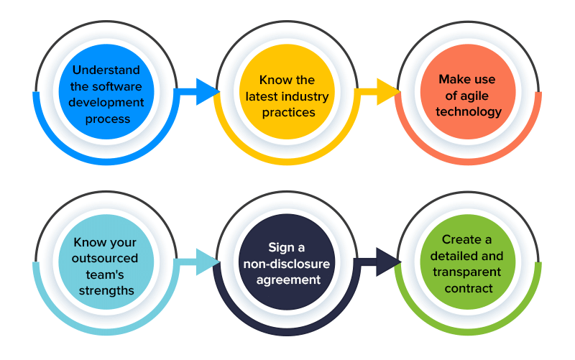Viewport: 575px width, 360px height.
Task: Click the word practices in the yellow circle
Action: (x=286, y=113)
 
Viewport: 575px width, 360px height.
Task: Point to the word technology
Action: (x=468, y=111)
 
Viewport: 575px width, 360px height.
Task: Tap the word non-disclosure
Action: (x=286, y=264)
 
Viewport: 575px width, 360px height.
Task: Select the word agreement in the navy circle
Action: (x=286, y=280)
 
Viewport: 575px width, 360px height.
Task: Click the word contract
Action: (x=468, y=288)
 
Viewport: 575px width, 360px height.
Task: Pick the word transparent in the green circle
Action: (x=468, y=272)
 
